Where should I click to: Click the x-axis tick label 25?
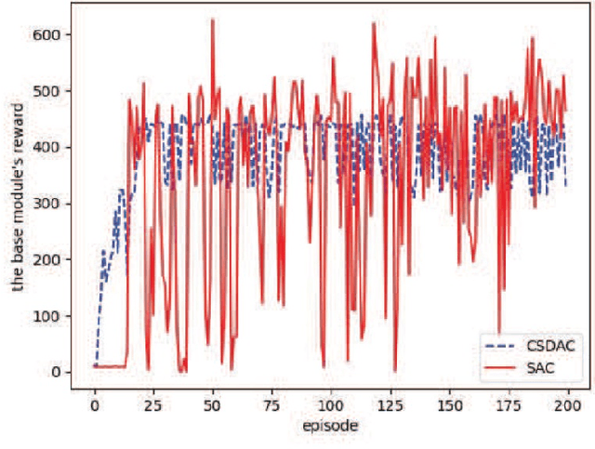click(152, 406)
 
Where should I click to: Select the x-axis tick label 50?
click(212, 406)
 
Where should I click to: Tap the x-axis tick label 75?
click(271, 406)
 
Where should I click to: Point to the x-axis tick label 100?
click(330, 406)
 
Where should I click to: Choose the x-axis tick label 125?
click(390, 406)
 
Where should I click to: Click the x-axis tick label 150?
click(449, 406)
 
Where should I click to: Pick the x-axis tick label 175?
click(509, 406)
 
